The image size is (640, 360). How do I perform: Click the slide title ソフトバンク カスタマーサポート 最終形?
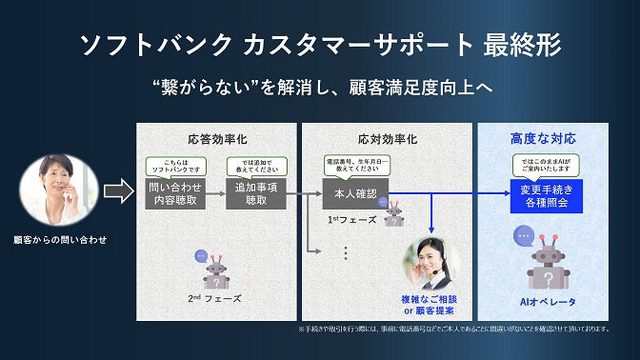click(319, 44)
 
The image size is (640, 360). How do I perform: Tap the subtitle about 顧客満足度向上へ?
click(319, 87)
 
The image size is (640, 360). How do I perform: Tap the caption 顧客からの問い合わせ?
click(59, 239)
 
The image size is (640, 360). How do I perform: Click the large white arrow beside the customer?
click(117, 192)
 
